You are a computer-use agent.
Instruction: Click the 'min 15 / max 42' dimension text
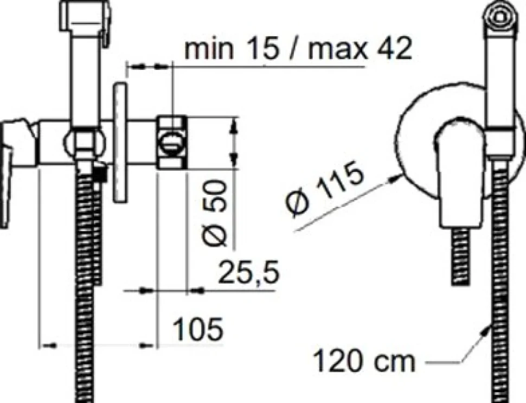point(298,49)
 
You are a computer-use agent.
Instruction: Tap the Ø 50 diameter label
point(215,214)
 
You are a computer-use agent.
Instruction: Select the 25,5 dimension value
point(249,272)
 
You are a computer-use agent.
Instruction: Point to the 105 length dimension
point(198,329)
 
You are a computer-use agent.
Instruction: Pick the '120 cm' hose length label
point(364,361)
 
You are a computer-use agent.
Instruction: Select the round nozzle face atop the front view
point(500,16)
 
